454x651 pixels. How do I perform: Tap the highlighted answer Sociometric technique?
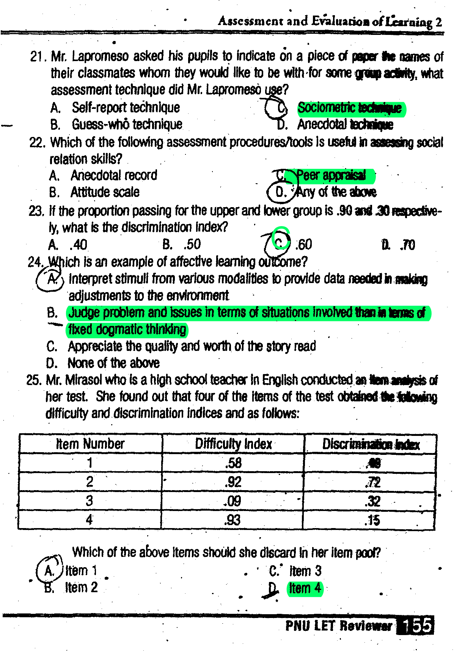point(350,108)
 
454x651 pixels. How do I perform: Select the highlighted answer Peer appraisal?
point(331,175)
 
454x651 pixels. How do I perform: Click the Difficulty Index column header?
point(233,444)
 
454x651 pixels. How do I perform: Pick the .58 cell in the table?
point(233,463)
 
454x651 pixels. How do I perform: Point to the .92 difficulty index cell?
point(233,482)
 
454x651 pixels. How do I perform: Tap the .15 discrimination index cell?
point(372,520)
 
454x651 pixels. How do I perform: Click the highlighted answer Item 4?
point(305,588)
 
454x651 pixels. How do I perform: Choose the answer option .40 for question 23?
point(78,245)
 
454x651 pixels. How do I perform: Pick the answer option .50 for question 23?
point(192,245)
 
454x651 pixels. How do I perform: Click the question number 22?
point(37,143)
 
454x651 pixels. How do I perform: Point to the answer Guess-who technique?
point(127,124)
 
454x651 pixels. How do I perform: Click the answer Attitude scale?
point(105,192)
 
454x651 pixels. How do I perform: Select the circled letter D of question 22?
point(280,192)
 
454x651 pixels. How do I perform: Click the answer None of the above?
point(113,363)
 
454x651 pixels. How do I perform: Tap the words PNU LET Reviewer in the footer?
point(339,626)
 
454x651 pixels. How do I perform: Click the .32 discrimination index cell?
point(373,501)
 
